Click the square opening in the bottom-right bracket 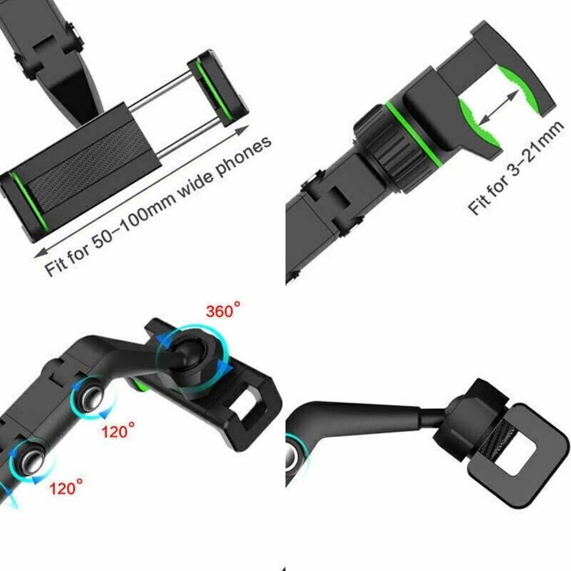point(514,451)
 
